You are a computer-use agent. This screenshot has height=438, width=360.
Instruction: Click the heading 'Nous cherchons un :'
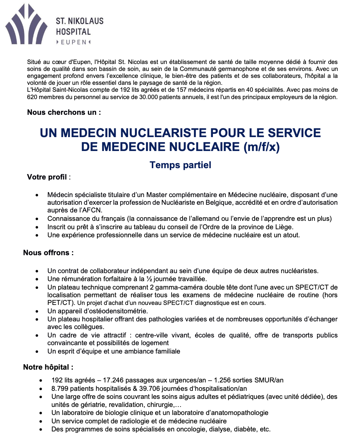(64, 112)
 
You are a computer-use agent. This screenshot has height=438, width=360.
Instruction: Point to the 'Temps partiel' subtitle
(180, 165)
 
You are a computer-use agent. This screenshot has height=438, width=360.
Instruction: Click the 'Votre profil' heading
(47, 177)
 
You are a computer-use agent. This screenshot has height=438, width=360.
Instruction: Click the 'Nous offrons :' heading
(48, 253)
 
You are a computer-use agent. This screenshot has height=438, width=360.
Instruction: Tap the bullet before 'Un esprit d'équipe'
(37, 352)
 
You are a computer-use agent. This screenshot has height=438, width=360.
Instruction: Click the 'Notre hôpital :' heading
(48, 367)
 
